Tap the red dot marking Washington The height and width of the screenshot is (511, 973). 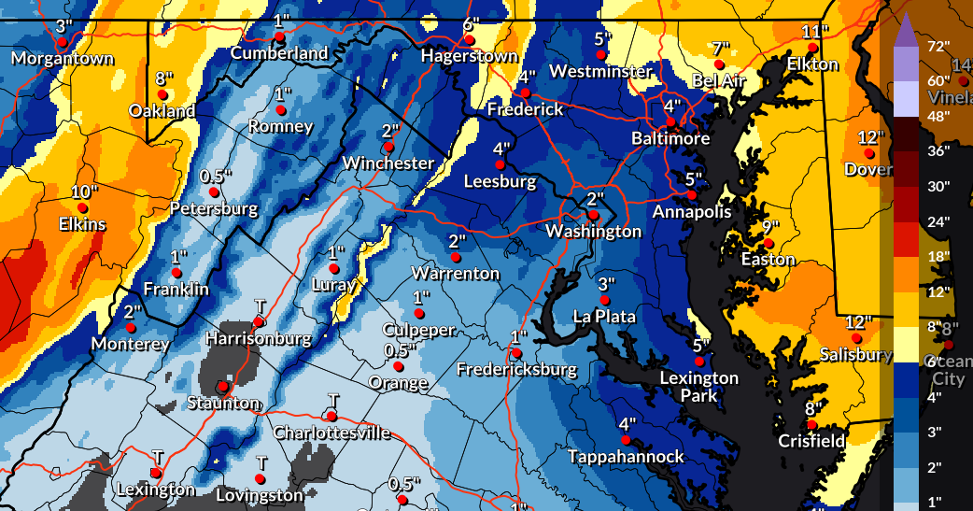592,215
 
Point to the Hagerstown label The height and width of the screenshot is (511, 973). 469,56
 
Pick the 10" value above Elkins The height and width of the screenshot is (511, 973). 83,192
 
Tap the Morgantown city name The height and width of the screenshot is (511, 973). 63,59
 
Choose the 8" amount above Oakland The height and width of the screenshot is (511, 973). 164,78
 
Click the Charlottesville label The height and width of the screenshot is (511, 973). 331,433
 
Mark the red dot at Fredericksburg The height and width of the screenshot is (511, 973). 515,353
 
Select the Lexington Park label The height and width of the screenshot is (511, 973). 699,387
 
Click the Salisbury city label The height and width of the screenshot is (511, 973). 855,354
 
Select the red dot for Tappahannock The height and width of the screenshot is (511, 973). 626,440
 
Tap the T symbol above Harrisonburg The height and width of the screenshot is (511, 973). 261,307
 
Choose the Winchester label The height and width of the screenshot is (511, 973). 388,163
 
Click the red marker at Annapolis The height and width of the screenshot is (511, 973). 690,194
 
